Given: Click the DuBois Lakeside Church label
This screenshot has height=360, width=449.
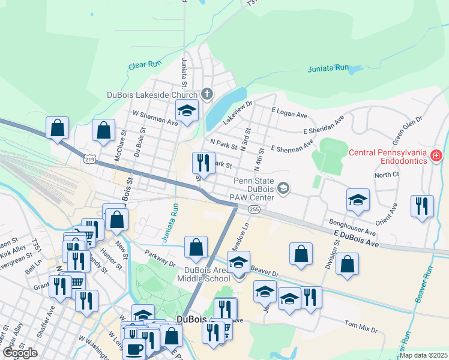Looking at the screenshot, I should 152,95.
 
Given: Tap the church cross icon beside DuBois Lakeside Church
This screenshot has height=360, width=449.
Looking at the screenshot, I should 207,94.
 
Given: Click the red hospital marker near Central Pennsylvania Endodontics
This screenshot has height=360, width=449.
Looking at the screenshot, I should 436,156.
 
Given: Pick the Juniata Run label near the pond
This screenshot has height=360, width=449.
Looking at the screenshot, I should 328,68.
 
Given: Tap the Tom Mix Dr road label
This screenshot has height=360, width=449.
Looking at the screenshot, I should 361,328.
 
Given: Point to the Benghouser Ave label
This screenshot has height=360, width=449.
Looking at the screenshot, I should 352,226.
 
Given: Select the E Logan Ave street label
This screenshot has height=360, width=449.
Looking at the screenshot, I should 289,112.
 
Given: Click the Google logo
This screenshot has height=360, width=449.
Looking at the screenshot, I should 20,353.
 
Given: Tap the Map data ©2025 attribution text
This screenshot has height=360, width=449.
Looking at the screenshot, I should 423,355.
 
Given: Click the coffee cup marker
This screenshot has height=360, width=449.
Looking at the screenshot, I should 134,348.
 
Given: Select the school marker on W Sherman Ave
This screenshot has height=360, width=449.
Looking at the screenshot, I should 187,111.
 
